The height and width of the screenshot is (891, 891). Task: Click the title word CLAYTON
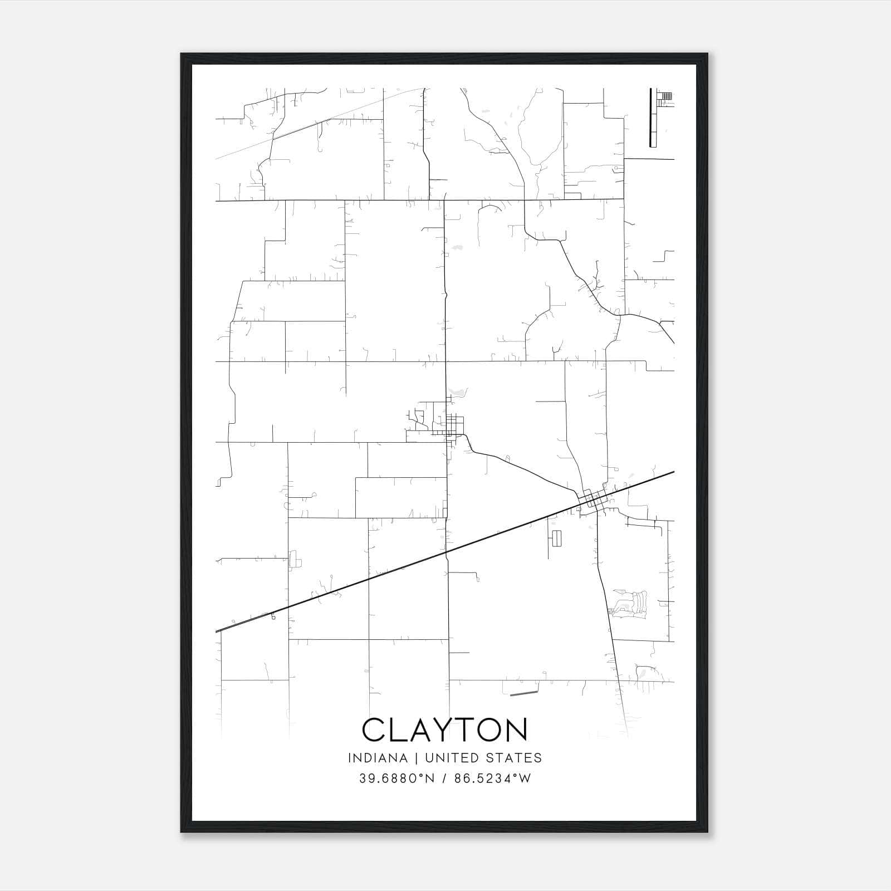(x=444, y=730)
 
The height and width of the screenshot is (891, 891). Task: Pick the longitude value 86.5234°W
(x=493, y=779)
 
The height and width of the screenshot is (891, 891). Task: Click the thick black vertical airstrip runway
(x=650, y=118)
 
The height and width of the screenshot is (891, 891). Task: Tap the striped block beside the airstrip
(x=665, y=96)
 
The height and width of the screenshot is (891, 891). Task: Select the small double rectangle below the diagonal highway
(x=556, y=537)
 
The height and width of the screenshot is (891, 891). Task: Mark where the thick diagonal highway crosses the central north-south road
(x=447, y=552)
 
